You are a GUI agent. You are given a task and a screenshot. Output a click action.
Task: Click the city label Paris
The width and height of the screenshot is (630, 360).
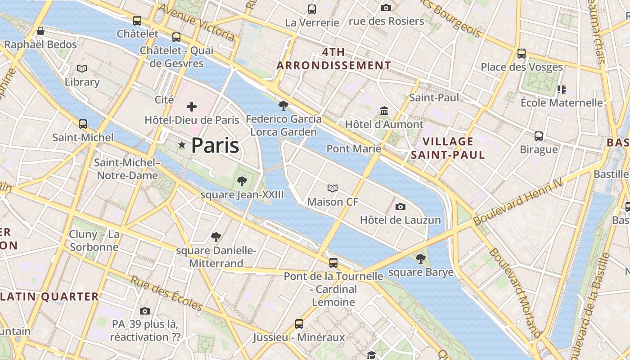click(215, 145)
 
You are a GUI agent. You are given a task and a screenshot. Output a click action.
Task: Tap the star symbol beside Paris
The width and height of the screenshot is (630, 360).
click(182, 145)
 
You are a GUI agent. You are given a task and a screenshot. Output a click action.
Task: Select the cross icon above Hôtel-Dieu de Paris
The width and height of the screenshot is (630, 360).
click(192, 107)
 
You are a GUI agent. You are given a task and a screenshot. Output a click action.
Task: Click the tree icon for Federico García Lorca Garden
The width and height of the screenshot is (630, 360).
click(283, 106)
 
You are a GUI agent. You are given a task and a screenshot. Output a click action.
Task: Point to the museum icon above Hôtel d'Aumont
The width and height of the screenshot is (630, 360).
click(384, 111)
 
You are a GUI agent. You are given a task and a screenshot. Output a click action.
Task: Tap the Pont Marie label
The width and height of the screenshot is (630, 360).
click(354, 148)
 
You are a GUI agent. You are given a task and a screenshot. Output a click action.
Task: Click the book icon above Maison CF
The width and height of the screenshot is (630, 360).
click(333, 188)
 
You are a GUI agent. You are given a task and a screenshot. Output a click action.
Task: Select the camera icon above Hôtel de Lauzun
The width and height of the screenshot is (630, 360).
click(400, 207)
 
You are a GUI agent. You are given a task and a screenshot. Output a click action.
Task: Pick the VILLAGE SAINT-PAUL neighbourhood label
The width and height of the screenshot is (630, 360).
click(448, 148)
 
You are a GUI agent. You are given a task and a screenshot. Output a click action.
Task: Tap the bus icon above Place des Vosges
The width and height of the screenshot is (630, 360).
click(522, 54)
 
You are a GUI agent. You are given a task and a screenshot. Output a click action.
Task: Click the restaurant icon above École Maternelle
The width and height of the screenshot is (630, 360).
click(561, 89)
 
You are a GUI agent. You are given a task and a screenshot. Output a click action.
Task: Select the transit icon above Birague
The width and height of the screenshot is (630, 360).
click(539, 136)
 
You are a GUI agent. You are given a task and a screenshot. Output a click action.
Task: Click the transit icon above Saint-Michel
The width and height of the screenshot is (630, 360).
click(83, 124)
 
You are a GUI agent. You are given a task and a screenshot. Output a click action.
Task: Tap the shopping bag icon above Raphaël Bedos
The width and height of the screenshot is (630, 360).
click(40, 31)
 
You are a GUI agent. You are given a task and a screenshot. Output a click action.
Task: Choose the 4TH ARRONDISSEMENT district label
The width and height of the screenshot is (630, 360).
click(333, 58)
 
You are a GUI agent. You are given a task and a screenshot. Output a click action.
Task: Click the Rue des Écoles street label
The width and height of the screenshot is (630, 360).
click(166, 293)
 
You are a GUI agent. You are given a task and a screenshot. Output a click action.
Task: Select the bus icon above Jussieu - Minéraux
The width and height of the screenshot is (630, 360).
click(299, 324)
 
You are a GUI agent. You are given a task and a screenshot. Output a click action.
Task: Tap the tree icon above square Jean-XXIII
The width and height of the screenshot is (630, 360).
click(242, 181)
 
